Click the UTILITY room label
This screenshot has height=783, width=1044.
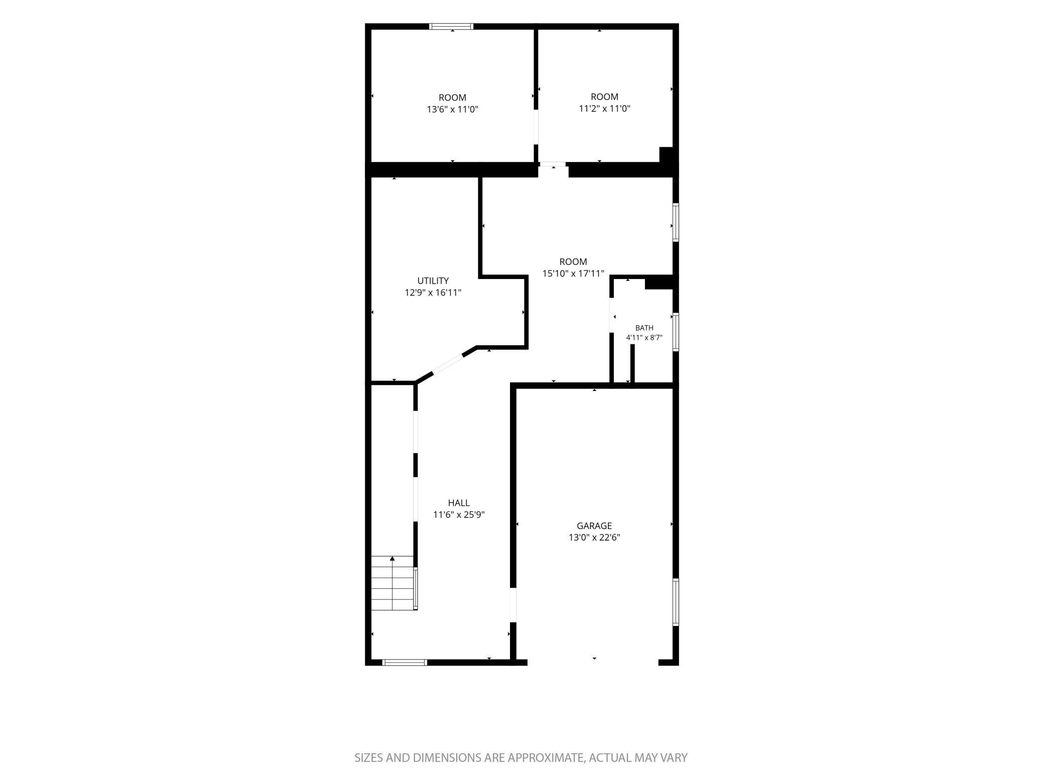coord(433,281)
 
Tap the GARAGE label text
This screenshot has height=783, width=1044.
coord(594,526)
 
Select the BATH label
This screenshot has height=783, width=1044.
coord(644,328)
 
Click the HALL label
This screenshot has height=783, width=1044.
coord(459,502)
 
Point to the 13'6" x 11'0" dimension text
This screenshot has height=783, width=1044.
coord(452,109)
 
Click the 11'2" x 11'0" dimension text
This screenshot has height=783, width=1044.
coord(604,108)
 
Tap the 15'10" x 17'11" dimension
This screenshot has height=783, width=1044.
coord(573,273)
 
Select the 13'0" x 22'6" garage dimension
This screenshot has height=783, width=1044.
coord(594,537)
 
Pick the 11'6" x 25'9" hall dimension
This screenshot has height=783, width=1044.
coord(459,514)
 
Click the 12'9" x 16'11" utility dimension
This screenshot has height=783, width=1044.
coord(433,292)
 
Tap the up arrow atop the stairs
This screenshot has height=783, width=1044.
coord(393,559)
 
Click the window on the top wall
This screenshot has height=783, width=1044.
coord(451,26)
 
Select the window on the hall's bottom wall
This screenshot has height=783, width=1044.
coord(405,663)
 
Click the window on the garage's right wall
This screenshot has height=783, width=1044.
coord(676,602)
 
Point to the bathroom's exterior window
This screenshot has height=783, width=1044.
coord(676,332)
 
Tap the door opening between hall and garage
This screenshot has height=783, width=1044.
coord(513,605)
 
